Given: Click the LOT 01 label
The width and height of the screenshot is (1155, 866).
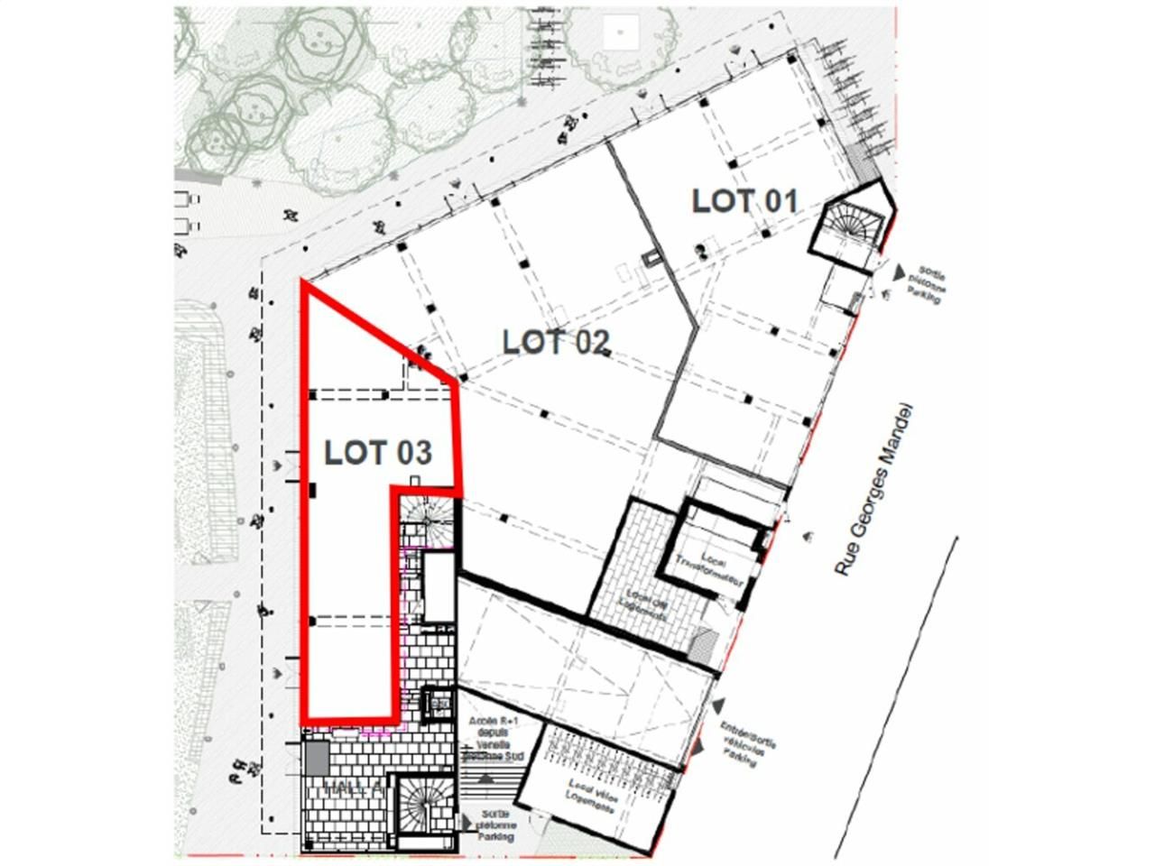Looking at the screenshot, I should pyautogui.click(x=744, y=200).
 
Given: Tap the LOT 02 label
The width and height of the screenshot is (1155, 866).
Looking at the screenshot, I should pyautogui.click(x=556, y=342).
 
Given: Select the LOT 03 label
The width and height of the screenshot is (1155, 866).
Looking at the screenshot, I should pyautogui.click(x=377, y=452).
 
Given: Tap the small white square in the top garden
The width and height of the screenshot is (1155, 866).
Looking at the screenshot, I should pyautogui.click(x=622, y=31).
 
